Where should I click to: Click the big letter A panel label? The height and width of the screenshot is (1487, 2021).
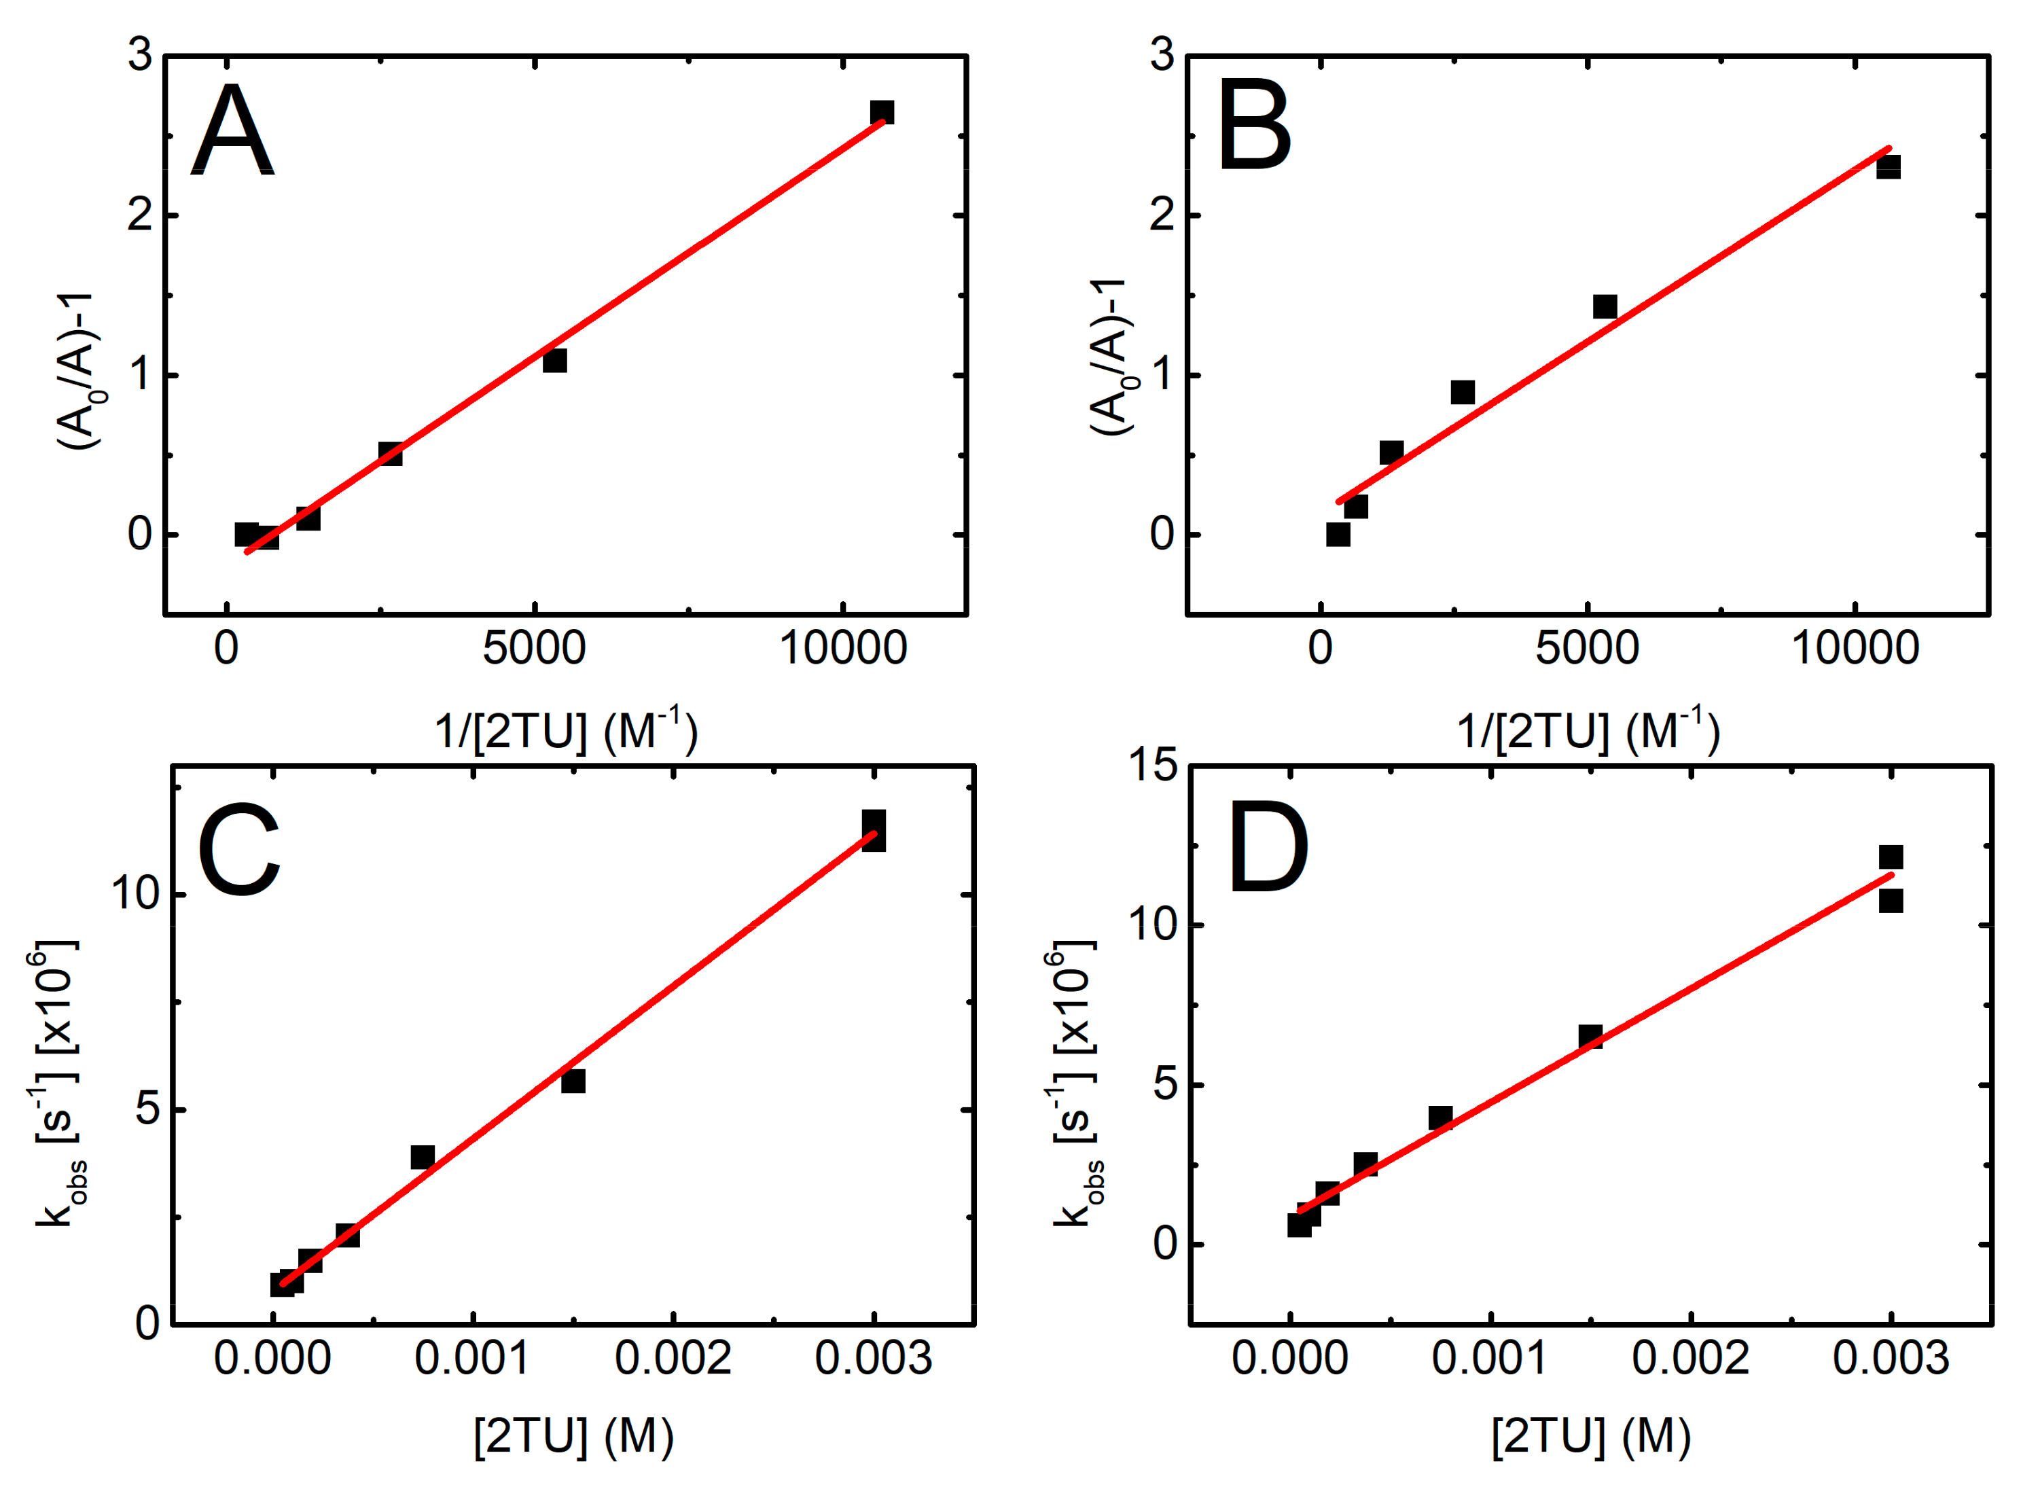[232, 131]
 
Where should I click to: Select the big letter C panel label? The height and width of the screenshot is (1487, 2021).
[238, 850]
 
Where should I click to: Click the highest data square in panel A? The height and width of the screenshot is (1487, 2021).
[881, 113]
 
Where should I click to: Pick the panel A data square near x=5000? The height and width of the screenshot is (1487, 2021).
[554, 361]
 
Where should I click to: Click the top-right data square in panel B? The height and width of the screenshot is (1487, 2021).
[1888, 167]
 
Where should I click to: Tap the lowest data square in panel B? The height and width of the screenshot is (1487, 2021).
[1338, 535]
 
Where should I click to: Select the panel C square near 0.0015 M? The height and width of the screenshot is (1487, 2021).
[573, 1081]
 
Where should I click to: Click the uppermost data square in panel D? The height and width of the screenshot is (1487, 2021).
[1891, 857]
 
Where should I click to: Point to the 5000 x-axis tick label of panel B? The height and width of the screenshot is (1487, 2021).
[1586, 649]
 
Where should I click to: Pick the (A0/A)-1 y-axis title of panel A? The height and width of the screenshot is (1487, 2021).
[79, 371]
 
